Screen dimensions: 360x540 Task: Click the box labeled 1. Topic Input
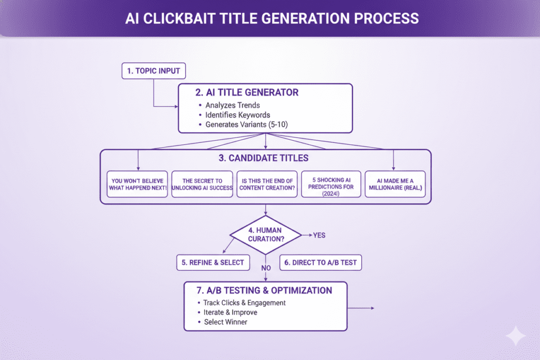point(153,71)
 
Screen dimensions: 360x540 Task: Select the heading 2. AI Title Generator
point(246,92)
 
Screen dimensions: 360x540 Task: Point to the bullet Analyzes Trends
point(233,105)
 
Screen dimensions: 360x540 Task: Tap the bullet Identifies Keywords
point(237,114)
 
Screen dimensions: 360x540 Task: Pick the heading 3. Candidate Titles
point(265,158)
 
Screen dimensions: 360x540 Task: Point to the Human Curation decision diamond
point(265,234)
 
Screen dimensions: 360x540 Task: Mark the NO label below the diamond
point(266,268)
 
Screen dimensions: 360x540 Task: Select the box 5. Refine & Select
point(213,262)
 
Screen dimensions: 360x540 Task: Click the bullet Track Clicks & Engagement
point(244,303)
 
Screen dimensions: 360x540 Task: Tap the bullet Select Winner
point(225,322)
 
